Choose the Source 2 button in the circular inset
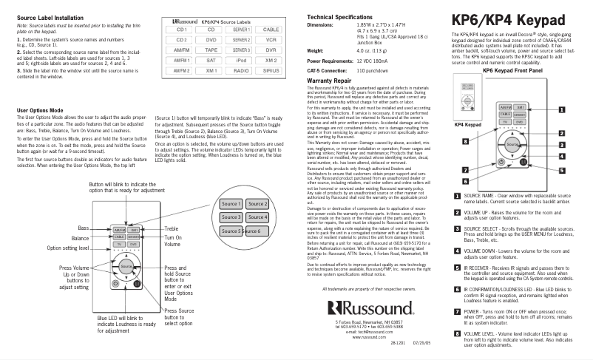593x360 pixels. pos(257,204)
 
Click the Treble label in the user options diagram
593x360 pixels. pos(172,230)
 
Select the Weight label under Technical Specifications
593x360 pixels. pos(316,50)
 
